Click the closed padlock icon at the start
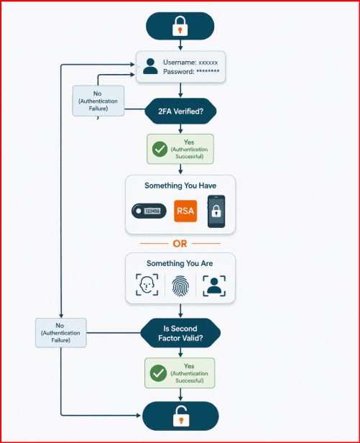(180, 26)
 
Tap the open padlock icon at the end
(180, 416)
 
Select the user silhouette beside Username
(150, 66)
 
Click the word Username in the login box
(180, 63)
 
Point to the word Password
(179, 72)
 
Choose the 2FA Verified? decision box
(180, 111)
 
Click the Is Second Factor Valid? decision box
(180, 333)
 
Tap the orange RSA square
(185, 211)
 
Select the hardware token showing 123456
(149, 211)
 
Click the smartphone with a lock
(216, 211)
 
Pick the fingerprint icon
(180, 286)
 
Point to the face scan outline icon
(147, 285)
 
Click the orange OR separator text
(180, 244)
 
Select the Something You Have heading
(180, 186)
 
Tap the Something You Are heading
(180, 263)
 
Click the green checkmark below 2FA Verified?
(160, 149)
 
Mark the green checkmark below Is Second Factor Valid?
(158, 373)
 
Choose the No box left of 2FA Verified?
(98, 101)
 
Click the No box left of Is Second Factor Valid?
(60, 333)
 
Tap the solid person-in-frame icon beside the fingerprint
(214, 286)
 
